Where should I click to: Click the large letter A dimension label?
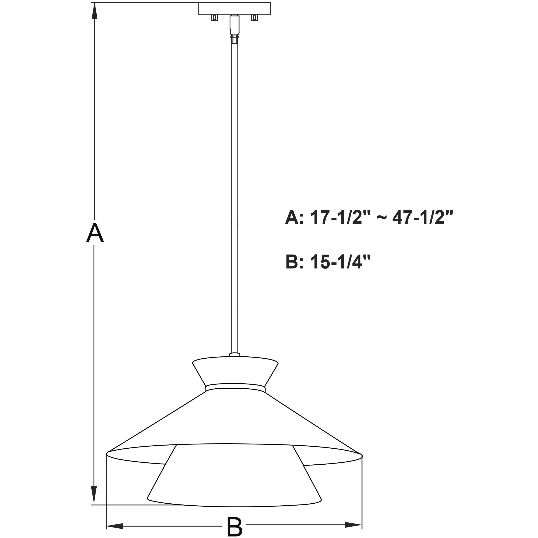95,233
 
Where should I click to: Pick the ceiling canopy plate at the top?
234,8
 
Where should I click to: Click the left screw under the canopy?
214,18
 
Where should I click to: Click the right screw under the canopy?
254,18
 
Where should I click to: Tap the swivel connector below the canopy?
234,28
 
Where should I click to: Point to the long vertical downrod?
234,195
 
